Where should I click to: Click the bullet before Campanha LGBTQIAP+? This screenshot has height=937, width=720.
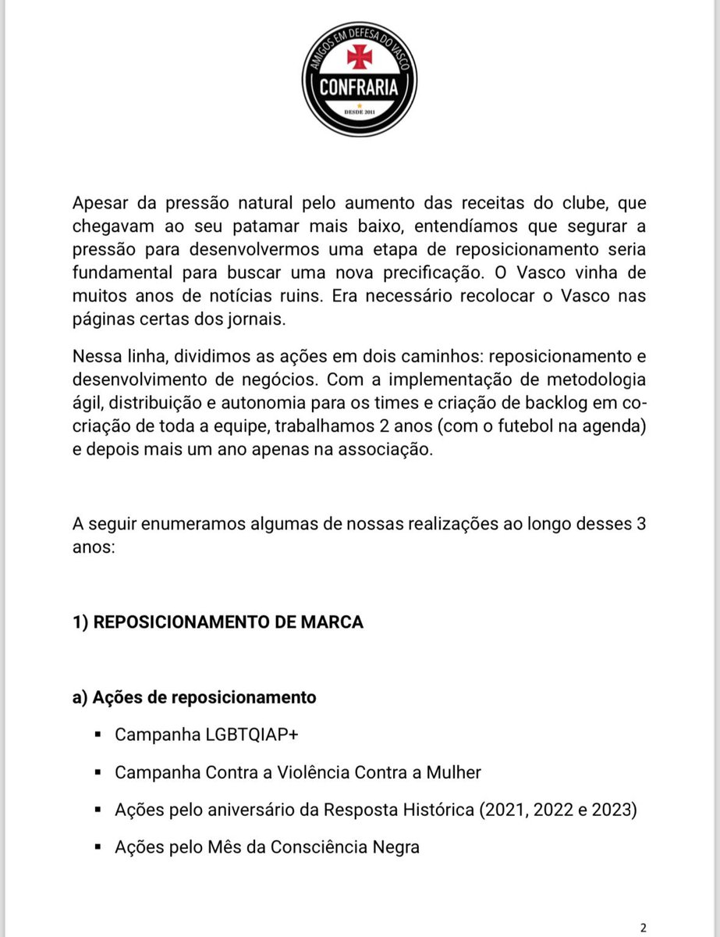tap(98, 736)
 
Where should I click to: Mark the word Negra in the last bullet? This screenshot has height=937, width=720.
tap(396, 846)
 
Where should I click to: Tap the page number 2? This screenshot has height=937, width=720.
tap(643, 928)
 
